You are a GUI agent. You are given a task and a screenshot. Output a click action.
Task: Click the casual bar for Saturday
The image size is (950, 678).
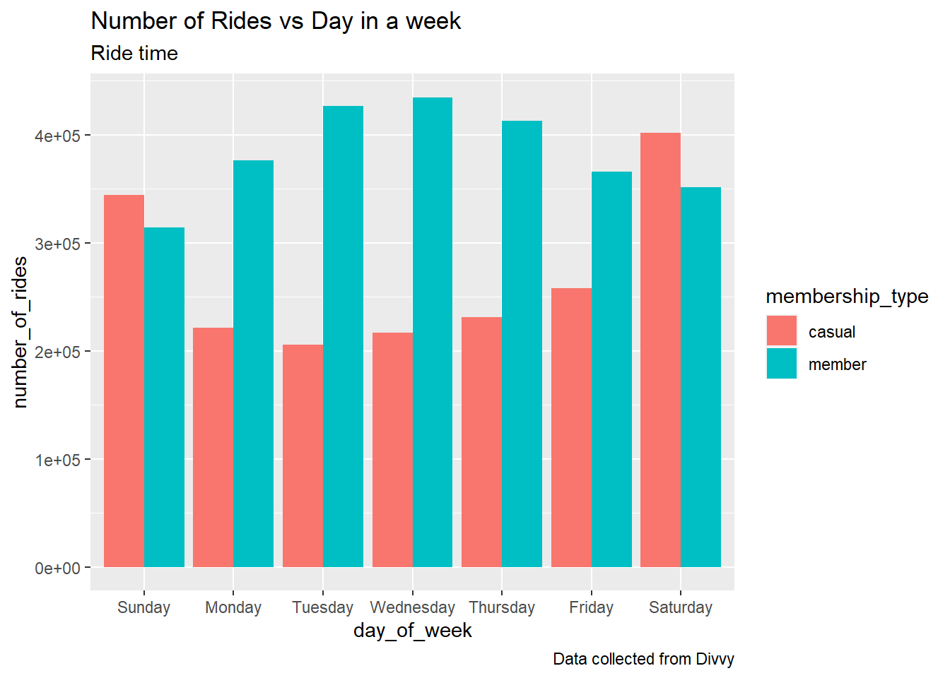[x=660, y=350]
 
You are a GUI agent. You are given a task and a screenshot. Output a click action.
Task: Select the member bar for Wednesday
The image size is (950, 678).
[x=433, y=332]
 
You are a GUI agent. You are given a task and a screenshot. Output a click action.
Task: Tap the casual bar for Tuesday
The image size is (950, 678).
[x=303, y=456]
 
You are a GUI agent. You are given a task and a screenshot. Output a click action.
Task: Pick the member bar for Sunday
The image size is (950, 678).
[x=164, y=397]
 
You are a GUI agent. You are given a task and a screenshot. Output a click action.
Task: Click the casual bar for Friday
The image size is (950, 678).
[x=571, y=427]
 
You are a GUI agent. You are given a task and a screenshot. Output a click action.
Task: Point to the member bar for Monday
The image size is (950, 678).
[x=253, y=364]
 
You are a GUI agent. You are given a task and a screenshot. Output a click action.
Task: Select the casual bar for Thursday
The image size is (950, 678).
[x=481, y=442]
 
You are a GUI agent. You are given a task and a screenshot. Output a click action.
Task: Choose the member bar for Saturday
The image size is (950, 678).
[x=700, y=377]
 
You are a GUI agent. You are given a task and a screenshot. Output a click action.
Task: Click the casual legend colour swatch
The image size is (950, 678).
[x=781, y=331]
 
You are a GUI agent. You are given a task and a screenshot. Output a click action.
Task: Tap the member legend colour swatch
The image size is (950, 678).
[x=781, y=364]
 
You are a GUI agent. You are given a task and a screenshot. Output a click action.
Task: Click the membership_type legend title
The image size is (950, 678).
[x=847, y=297]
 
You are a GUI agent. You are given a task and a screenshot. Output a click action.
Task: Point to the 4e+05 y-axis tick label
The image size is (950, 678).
[x=57, y=136]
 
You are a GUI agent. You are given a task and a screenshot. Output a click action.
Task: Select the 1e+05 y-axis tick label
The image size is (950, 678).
[x=57, y=460]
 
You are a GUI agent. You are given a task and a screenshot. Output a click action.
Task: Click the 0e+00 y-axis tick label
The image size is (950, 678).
[x=57, y=569]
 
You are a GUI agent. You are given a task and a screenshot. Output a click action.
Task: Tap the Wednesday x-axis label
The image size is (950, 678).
[x=412, y=607]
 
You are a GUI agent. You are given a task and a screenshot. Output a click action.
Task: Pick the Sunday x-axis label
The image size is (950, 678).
[x=143, y=607]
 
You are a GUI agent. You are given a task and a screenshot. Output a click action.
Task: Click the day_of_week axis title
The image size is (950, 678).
[x=412, y=631]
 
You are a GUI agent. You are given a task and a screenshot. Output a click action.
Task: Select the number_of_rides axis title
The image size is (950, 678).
[x=20, y=332]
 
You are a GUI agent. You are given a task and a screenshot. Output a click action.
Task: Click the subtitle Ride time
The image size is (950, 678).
[x=134, y=54]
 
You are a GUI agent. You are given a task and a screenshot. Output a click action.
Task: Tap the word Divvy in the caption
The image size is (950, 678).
[x=715, y=659]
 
